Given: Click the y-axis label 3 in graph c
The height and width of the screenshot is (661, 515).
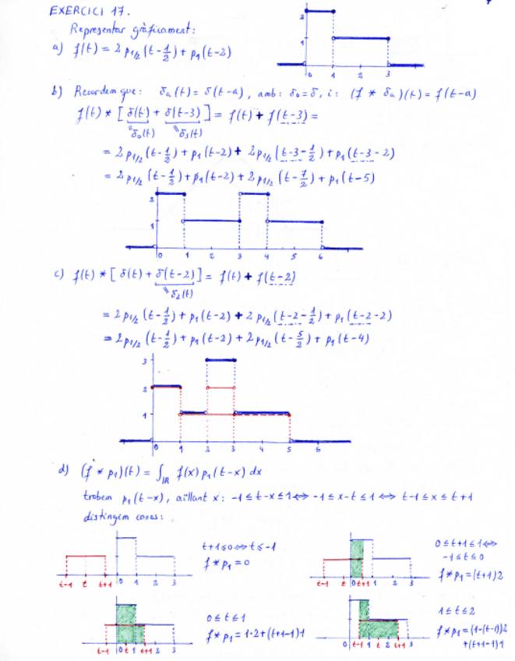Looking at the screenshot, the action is click(144, 360).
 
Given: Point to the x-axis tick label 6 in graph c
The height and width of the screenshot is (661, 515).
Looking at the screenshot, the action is click(317, 451).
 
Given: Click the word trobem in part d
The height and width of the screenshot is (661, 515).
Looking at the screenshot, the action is click(96, 497).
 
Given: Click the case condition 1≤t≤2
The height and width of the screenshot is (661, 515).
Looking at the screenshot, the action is click(461, 603).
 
